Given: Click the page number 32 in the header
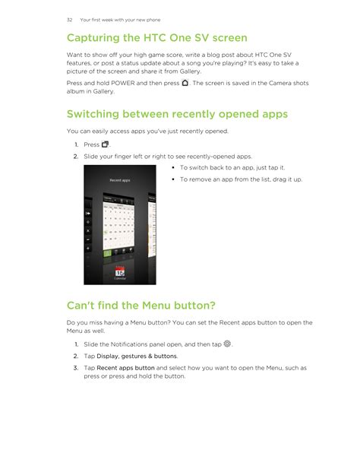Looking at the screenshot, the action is click(x=70, y=20).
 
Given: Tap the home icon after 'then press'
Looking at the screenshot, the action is click(x=185, y=83).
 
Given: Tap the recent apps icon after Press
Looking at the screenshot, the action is click(x=105, y=144).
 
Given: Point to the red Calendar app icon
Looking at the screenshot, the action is click(x=120, y=271).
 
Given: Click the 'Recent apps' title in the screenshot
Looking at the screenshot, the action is click(x=120, y=180).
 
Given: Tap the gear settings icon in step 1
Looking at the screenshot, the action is click(x=227, y=344).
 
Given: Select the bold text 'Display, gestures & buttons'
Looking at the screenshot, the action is click(x=137, y=356).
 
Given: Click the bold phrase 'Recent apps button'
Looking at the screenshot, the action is click(x=125, y=368).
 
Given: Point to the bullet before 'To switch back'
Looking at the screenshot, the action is click(x=173, y=167).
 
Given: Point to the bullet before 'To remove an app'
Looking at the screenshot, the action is click(x=173, y=179).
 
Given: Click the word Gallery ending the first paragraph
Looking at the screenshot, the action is click(x=190, y=71).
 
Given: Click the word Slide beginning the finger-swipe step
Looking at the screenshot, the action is click(x=90, y=157).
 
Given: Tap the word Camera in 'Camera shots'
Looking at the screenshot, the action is click(x=280, y=83).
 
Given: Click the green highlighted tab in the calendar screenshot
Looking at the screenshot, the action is click(x=107, y=253).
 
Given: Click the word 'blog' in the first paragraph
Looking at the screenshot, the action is click(x=213, y=55).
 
